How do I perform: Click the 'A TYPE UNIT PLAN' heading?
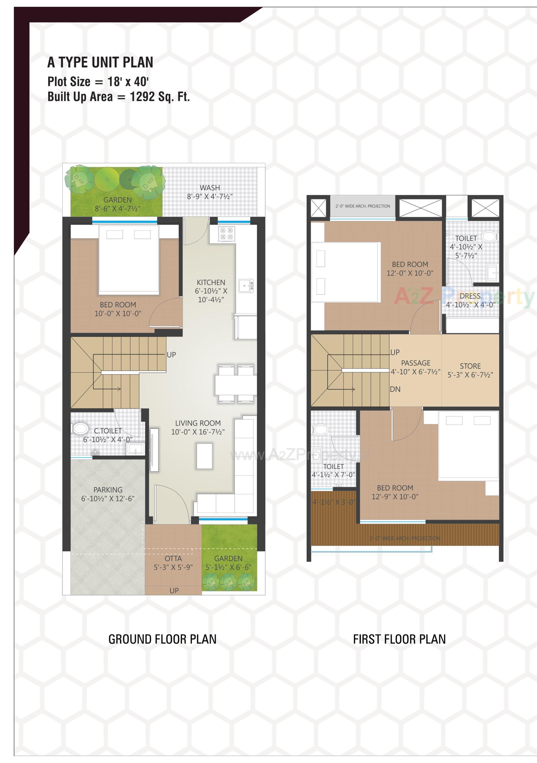coord(100,62)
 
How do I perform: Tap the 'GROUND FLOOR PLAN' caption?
coord(162,639)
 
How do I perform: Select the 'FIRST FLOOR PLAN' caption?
coord(399,639)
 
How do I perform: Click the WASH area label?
coord(210,188)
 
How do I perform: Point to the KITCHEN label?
coord(211,283)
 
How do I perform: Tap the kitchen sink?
coord(246,286)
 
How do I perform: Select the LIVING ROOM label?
coord(198,423)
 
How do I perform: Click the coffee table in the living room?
coord(204,456)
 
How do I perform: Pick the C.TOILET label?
coord(108,431)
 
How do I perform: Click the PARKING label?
coord(108,490)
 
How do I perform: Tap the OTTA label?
coord(173,559)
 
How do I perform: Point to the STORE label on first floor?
coord(470,366)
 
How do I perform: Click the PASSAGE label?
coord(416,363)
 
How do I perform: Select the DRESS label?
coord(471,296)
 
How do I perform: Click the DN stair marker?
coord(395,389)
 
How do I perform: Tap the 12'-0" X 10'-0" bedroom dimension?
coord(410,273)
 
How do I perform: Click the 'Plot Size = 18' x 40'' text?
coord(98,81)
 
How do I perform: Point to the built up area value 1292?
coord(142,97)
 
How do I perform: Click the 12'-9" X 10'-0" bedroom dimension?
coord(395,497)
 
